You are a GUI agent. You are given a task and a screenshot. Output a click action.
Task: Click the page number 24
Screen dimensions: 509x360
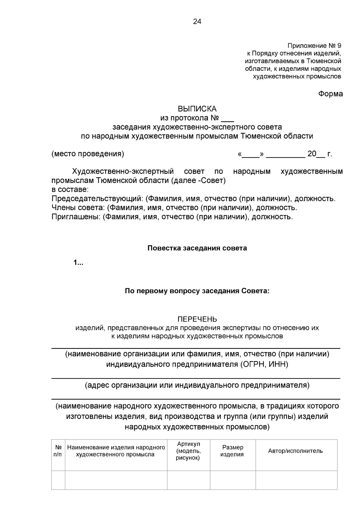click(197, 22)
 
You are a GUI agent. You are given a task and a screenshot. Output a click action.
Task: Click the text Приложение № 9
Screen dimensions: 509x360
click(314, 46)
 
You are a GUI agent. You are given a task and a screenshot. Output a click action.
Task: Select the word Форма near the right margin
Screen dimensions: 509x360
click(330, 94)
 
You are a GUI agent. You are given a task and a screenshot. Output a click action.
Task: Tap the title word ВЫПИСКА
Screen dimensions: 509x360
click(197, 109)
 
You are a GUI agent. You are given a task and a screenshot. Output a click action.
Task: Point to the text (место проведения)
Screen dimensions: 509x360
click(88, 154)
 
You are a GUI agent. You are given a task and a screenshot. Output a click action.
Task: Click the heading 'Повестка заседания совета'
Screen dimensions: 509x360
click(197, 248)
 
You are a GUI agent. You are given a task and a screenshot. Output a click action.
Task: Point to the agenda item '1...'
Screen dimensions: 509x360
click(78, 263)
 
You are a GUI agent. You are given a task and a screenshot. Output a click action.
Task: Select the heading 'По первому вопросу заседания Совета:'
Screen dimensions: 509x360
click(197, 291)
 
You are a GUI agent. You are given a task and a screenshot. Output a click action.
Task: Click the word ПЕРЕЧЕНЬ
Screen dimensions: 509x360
click(197, 319)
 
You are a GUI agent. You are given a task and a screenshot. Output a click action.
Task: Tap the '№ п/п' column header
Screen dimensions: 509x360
click(58, 451)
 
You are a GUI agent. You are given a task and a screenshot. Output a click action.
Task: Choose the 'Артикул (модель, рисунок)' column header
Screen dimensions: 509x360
click(188, 451)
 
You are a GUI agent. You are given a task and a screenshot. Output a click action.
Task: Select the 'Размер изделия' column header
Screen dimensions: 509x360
click(232, 451)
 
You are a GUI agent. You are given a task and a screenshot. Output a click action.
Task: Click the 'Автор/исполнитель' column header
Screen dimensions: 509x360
click(295, 451)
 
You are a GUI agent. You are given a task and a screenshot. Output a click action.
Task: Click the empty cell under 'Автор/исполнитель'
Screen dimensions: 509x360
click(296, 480)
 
